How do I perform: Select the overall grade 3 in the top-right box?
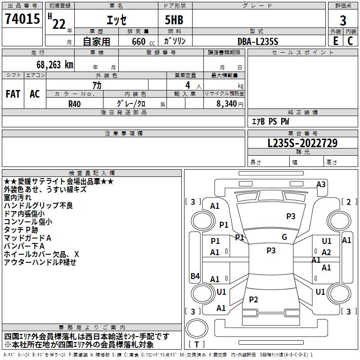pyautogui.click(x=343, y=20)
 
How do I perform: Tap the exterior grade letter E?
pyautogui.click(x=335, y=41)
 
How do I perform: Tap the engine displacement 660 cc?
pyautogui.click(x=139, y=41)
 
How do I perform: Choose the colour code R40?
pyautogui.click(x=75, y=103)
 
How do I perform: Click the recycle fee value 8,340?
pyautogui.click(x=224, y=103)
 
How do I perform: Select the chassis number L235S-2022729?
pyautogui.click(x=302, y=144)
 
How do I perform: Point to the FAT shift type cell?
pyautogui.click(x=13, y=94)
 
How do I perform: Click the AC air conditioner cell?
pyautogui.click(x=35, y=94)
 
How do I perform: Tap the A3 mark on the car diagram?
pyautogui.click(x=321, y=184)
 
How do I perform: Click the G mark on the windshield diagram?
pyautogui.click(x=284, y=237)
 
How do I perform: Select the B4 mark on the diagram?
pyautogui.click(x=195, y=276)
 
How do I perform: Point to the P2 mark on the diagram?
pyautogui.click(x=254, y=300)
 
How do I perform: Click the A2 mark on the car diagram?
pyautogui.click(x=327, y=252)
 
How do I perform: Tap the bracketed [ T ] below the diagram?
pyautogui.click(x=197, y=345)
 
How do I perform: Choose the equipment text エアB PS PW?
pyautogui.click(x=270, y=121)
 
